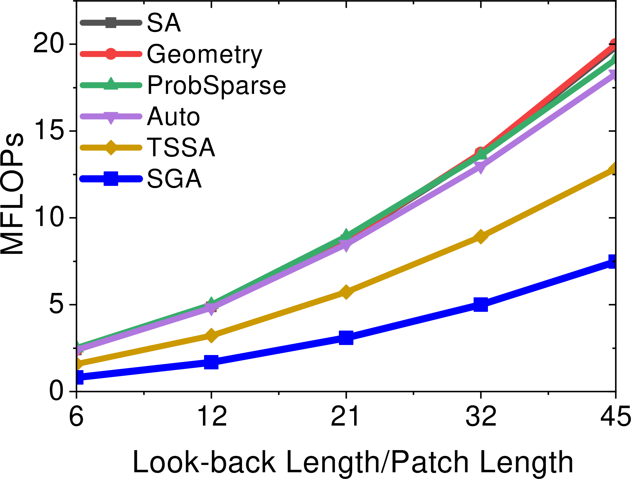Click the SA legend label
point(164,22)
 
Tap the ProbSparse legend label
point(216,86)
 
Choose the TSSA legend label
point(181,147)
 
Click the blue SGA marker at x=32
point(480,304)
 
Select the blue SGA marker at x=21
point(346,338)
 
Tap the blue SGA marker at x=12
point(211,362)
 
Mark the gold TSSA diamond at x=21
point(346,292)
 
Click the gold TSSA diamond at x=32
point(480,236)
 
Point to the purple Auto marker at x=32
point(480,166)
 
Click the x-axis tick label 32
point(481,416)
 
